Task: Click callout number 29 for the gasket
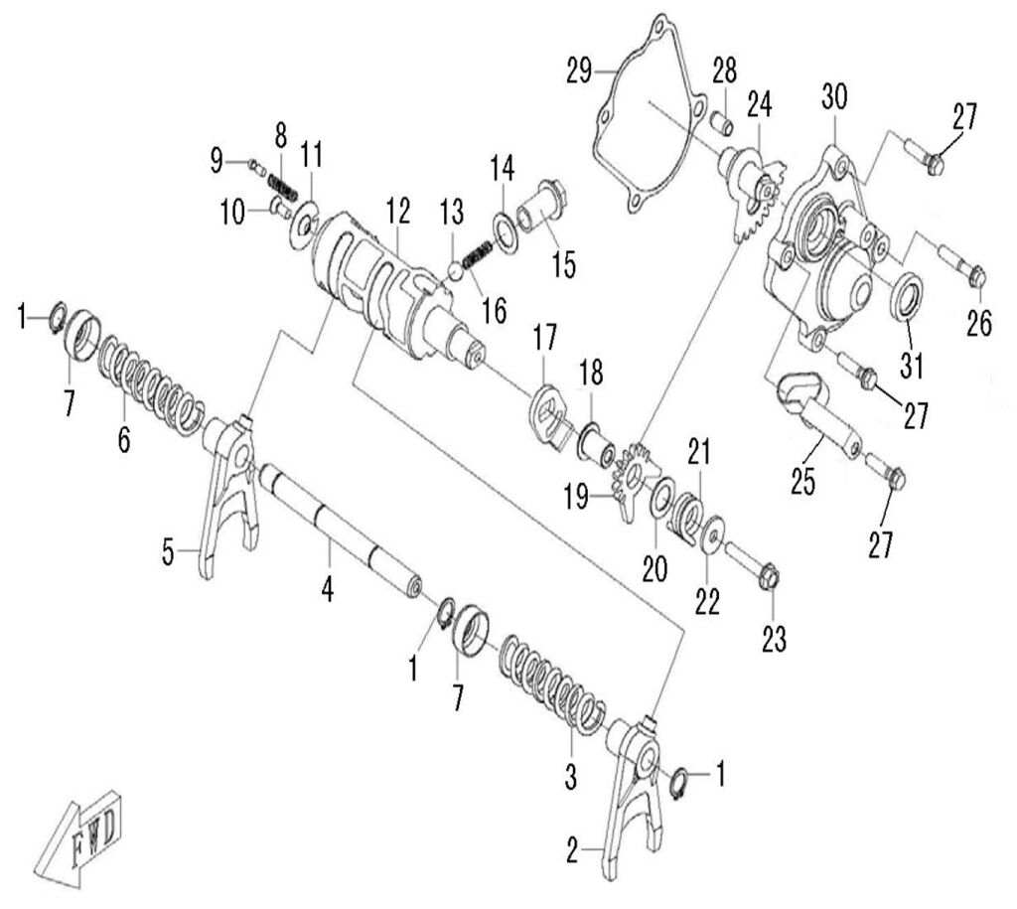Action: (x=579, y=71)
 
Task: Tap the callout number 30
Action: (x=834, y=97)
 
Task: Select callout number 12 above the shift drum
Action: (x=398, y=210)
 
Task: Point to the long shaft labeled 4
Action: (x=338, y=531)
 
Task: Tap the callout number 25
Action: (x=803, y=482)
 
